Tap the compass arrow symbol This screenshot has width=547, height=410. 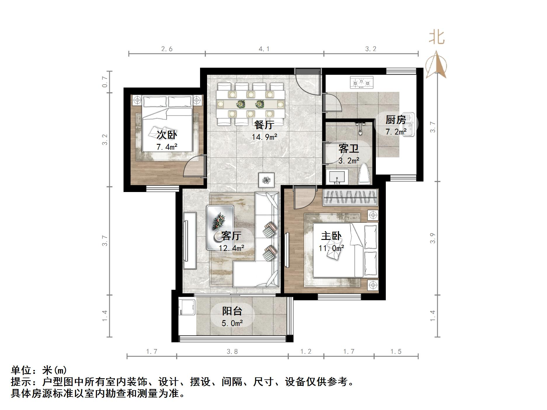click(x=436, y=65)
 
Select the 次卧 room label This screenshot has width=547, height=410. click(x=167, y=135)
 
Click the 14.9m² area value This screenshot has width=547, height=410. click(x=264, y=137)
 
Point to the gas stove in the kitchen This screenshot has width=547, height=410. click(x=362, y=82)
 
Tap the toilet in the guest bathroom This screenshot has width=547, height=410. click(x=364, y=175)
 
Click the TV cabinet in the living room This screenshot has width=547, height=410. click(x=190, y=240)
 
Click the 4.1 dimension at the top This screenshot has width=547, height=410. click(x=264, y=49)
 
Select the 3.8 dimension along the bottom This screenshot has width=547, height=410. click(x=232, y=352)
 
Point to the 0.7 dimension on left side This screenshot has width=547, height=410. click(x=105, y=82)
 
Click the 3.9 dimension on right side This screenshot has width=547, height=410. click(x=433, y=238)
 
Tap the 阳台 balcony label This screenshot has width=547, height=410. click(x=232, y=311)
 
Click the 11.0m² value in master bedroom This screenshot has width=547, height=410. click(x=331, y=248)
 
